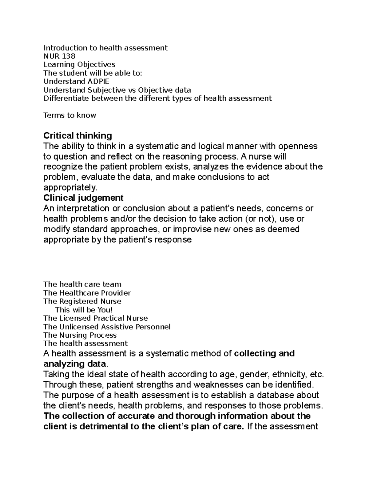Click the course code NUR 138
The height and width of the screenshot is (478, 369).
click(x=59, y=56)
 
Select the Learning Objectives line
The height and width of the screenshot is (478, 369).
click(x=79, y=65)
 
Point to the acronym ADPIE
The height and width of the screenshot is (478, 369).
click(x=98, y=81)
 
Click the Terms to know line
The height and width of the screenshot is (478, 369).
click(x=70, y=115)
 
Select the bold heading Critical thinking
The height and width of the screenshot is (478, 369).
click(x=77, y=135)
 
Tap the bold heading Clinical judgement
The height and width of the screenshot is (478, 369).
click(x=83, y=198)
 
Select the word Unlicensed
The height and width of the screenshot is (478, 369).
click(x=79, y=327)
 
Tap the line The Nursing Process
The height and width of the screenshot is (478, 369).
click(x=80, y=335)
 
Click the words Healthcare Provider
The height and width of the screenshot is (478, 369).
click(x=95, y=293)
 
